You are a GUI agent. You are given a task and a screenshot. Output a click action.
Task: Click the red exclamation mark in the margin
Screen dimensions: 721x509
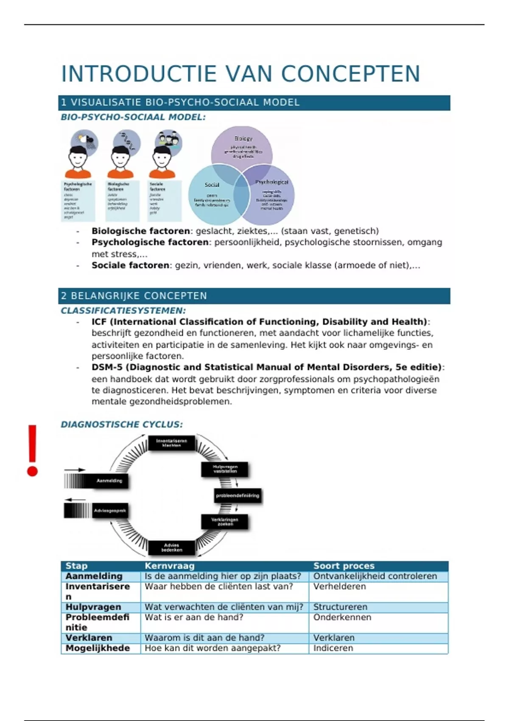[x=32, y=450]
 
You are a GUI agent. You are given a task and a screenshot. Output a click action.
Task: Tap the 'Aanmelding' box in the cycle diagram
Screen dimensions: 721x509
[x=109, y=481]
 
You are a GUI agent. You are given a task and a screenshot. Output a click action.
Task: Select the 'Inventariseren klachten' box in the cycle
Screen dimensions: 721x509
[x=171, y=443]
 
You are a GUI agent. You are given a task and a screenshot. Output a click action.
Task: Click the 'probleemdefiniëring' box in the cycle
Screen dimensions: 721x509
[x=238, y=495]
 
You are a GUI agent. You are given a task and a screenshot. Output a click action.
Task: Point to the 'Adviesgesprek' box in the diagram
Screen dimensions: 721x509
[x=109, y=511]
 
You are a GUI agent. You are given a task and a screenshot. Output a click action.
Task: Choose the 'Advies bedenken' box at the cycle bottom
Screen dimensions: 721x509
[x=171, y=547]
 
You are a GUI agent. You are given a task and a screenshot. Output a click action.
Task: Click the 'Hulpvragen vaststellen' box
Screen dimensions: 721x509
[x=225, y=469]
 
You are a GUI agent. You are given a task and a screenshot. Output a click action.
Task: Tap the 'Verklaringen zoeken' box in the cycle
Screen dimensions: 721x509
[x=225, y=522]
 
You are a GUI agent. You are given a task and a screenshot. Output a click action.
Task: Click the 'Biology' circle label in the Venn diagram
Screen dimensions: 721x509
[x=243, y=139]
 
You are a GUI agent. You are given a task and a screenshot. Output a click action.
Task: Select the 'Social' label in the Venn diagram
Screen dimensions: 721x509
[x=212, y=185]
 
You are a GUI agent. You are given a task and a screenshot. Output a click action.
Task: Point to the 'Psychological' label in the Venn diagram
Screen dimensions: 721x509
[x=271, y=182]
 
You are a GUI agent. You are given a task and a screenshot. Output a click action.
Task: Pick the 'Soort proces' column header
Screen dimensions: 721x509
[x=344, y=566]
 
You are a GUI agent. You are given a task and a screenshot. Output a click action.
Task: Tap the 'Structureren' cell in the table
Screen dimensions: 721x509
[x=340, y=607]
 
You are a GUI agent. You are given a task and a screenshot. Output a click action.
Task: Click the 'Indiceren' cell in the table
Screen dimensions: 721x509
[x=333, y=648]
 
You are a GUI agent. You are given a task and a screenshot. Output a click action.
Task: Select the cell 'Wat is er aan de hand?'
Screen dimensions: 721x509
[x=194, y=617]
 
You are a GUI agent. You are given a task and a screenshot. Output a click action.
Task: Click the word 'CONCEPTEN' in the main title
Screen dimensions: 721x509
[x=350, y=74]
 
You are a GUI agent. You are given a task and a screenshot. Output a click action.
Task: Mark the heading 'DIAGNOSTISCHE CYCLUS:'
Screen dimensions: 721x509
[x=122, y=425]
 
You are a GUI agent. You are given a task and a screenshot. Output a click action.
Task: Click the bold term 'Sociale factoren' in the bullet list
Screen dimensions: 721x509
[x=130, y=265]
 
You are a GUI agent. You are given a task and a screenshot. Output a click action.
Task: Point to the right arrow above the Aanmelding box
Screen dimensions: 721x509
[x=75, y=470]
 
